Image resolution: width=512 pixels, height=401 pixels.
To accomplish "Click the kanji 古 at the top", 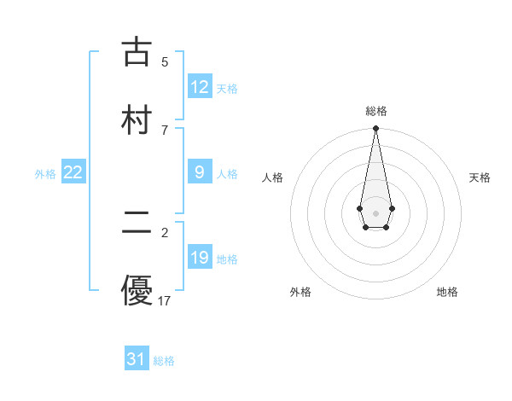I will [137, 52].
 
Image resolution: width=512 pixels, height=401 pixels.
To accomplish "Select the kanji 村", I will [137, 119].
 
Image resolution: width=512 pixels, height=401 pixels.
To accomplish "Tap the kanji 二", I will [137, 223].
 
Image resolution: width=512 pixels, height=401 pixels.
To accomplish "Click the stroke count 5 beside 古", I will [165, 61].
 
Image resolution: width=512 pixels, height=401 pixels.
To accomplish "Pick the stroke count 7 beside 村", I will [165, 130].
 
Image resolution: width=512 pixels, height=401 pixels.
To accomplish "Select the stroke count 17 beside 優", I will [165, 300].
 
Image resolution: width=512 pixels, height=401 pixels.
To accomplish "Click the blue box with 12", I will [200, 87].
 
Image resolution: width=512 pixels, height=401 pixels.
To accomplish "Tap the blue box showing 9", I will [200, 172].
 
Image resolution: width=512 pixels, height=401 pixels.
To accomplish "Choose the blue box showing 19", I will [200, 258].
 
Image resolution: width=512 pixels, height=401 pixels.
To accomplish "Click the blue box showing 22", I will [73, 172].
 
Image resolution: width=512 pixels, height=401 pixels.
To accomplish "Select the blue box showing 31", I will [137, 359].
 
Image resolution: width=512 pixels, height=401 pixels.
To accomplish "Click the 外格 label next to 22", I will [45, 174].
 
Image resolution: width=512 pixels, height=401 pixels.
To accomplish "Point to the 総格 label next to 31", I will [164, 361].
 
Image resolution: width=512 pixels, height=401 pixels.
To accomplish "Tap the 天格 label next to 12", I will [227, 89].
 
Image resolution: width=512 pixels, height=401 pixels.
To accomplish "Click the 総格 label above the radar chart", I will [375, 111].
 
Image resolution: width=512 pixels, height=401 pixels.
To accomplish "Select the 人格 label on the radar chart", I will [272, 177].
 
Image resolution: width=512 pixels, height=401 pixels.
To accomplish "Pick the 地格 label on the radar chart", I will [447, 292].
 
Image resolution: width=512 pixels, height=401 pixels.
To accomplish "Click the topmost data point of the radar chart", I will [375, 129].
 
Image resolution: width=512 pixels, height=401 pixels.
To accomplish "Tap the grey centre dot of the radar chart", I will [375, 212].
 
